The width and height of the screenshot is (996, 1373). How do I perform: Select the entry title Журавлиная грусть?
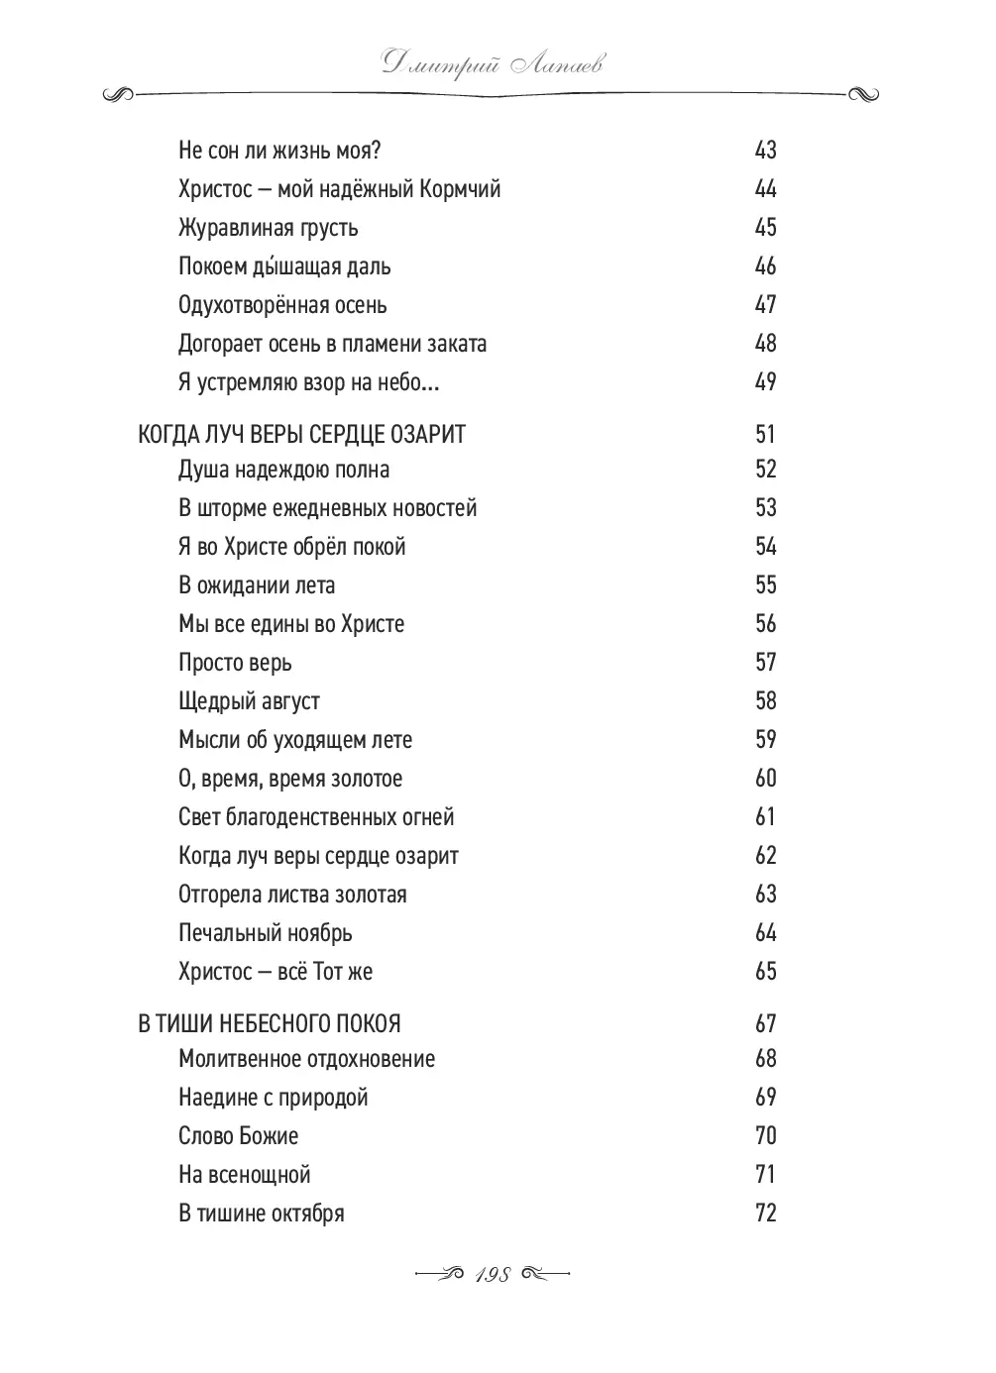(x=268, y=228)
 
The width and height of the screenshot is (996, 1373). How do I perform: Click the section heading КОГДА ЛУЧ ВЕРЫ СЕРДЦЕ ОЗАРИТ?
(x=301, y=434)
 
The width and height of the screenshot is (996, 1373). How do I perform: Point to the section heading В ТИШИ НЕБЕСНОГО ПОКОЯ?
(x=269, y=1023)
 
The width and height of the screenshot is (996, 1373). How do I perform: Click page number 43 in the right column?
(x=765, y=151)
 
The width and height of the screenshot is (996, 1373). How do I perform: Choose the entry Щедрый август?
(x=249, y=701)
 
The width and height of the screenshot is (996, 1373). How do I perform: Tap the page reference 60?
(x=765, y=779)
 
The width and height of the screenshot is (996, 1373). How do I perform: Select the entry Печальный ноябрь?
(x=265, y=933)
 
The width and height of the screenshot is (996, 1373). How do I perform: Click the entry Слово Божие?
(x=238, y=1136)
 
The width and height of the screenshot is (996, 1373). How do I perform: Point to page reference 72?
(x=765, y=1214)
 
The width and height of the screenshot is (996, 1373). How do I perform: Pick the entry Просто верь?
(x=235, y=663)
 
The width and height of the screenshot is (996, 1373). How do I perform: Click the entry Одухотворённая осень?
(x=282, y=305)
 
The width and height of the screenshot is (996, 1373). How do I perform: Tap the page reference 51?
(x=765, y=434)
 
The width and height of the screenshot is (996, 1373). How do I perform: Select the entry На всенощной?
(x=244, y=1175)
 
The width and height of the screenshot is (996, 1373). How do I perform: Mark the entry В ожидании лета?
(x=257, y=585)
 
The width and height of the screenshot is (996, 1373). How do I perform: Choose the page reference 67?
(x=765, y=1023)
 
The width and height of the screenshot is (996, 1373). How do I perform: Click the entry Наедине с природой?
(x=273, y=1098)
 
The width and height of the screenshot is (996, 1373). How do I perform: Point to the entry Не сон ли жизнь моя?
(x=279, y=151)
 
